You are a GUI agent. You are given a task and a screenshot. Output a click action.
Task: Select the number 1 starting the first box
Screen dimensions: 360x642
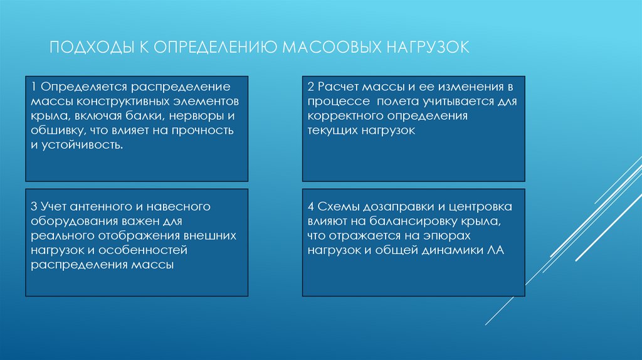[33, 85]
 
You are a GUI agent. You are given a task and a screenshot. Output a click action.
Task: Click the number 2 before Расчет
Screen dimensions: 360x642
[310, 85]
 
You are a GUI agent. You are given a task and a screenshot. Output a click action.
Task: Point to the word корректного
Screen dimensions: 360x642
[348, 115]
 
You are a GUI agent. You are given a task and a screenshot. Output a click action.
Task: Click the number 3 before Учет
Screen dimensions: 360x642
[33, 206]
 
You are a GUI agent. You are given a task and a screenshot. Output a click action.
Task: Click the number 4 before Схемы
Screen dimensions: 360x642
[310, 206]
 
